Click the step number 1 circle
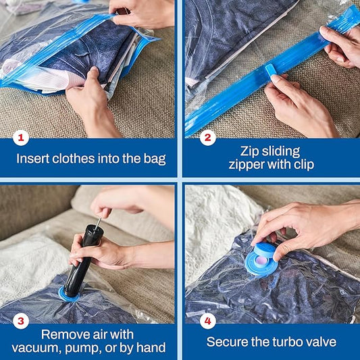click(21, 138)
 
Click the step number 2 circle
click(207, 138)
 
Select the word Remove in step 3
click(62, 334)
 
